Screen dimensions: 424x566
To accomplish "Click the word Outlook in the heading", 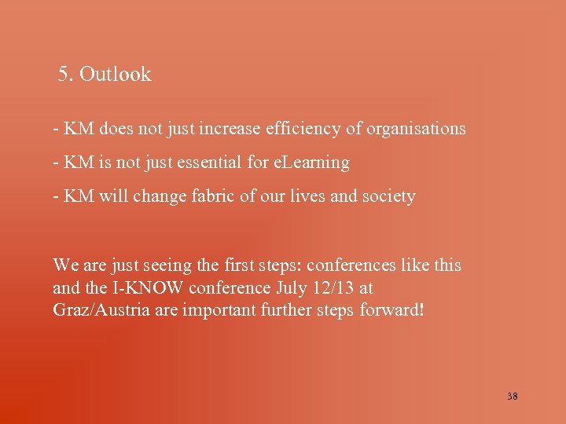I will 115,75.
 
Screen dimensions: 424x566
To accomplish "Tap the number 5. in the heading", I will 66,75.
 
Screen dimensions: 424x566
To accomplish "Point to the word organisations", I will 415,128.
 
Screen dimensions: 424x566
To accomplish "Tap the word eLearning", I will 311,163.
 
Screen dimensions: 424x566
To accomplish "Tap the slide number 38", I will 513,397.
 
